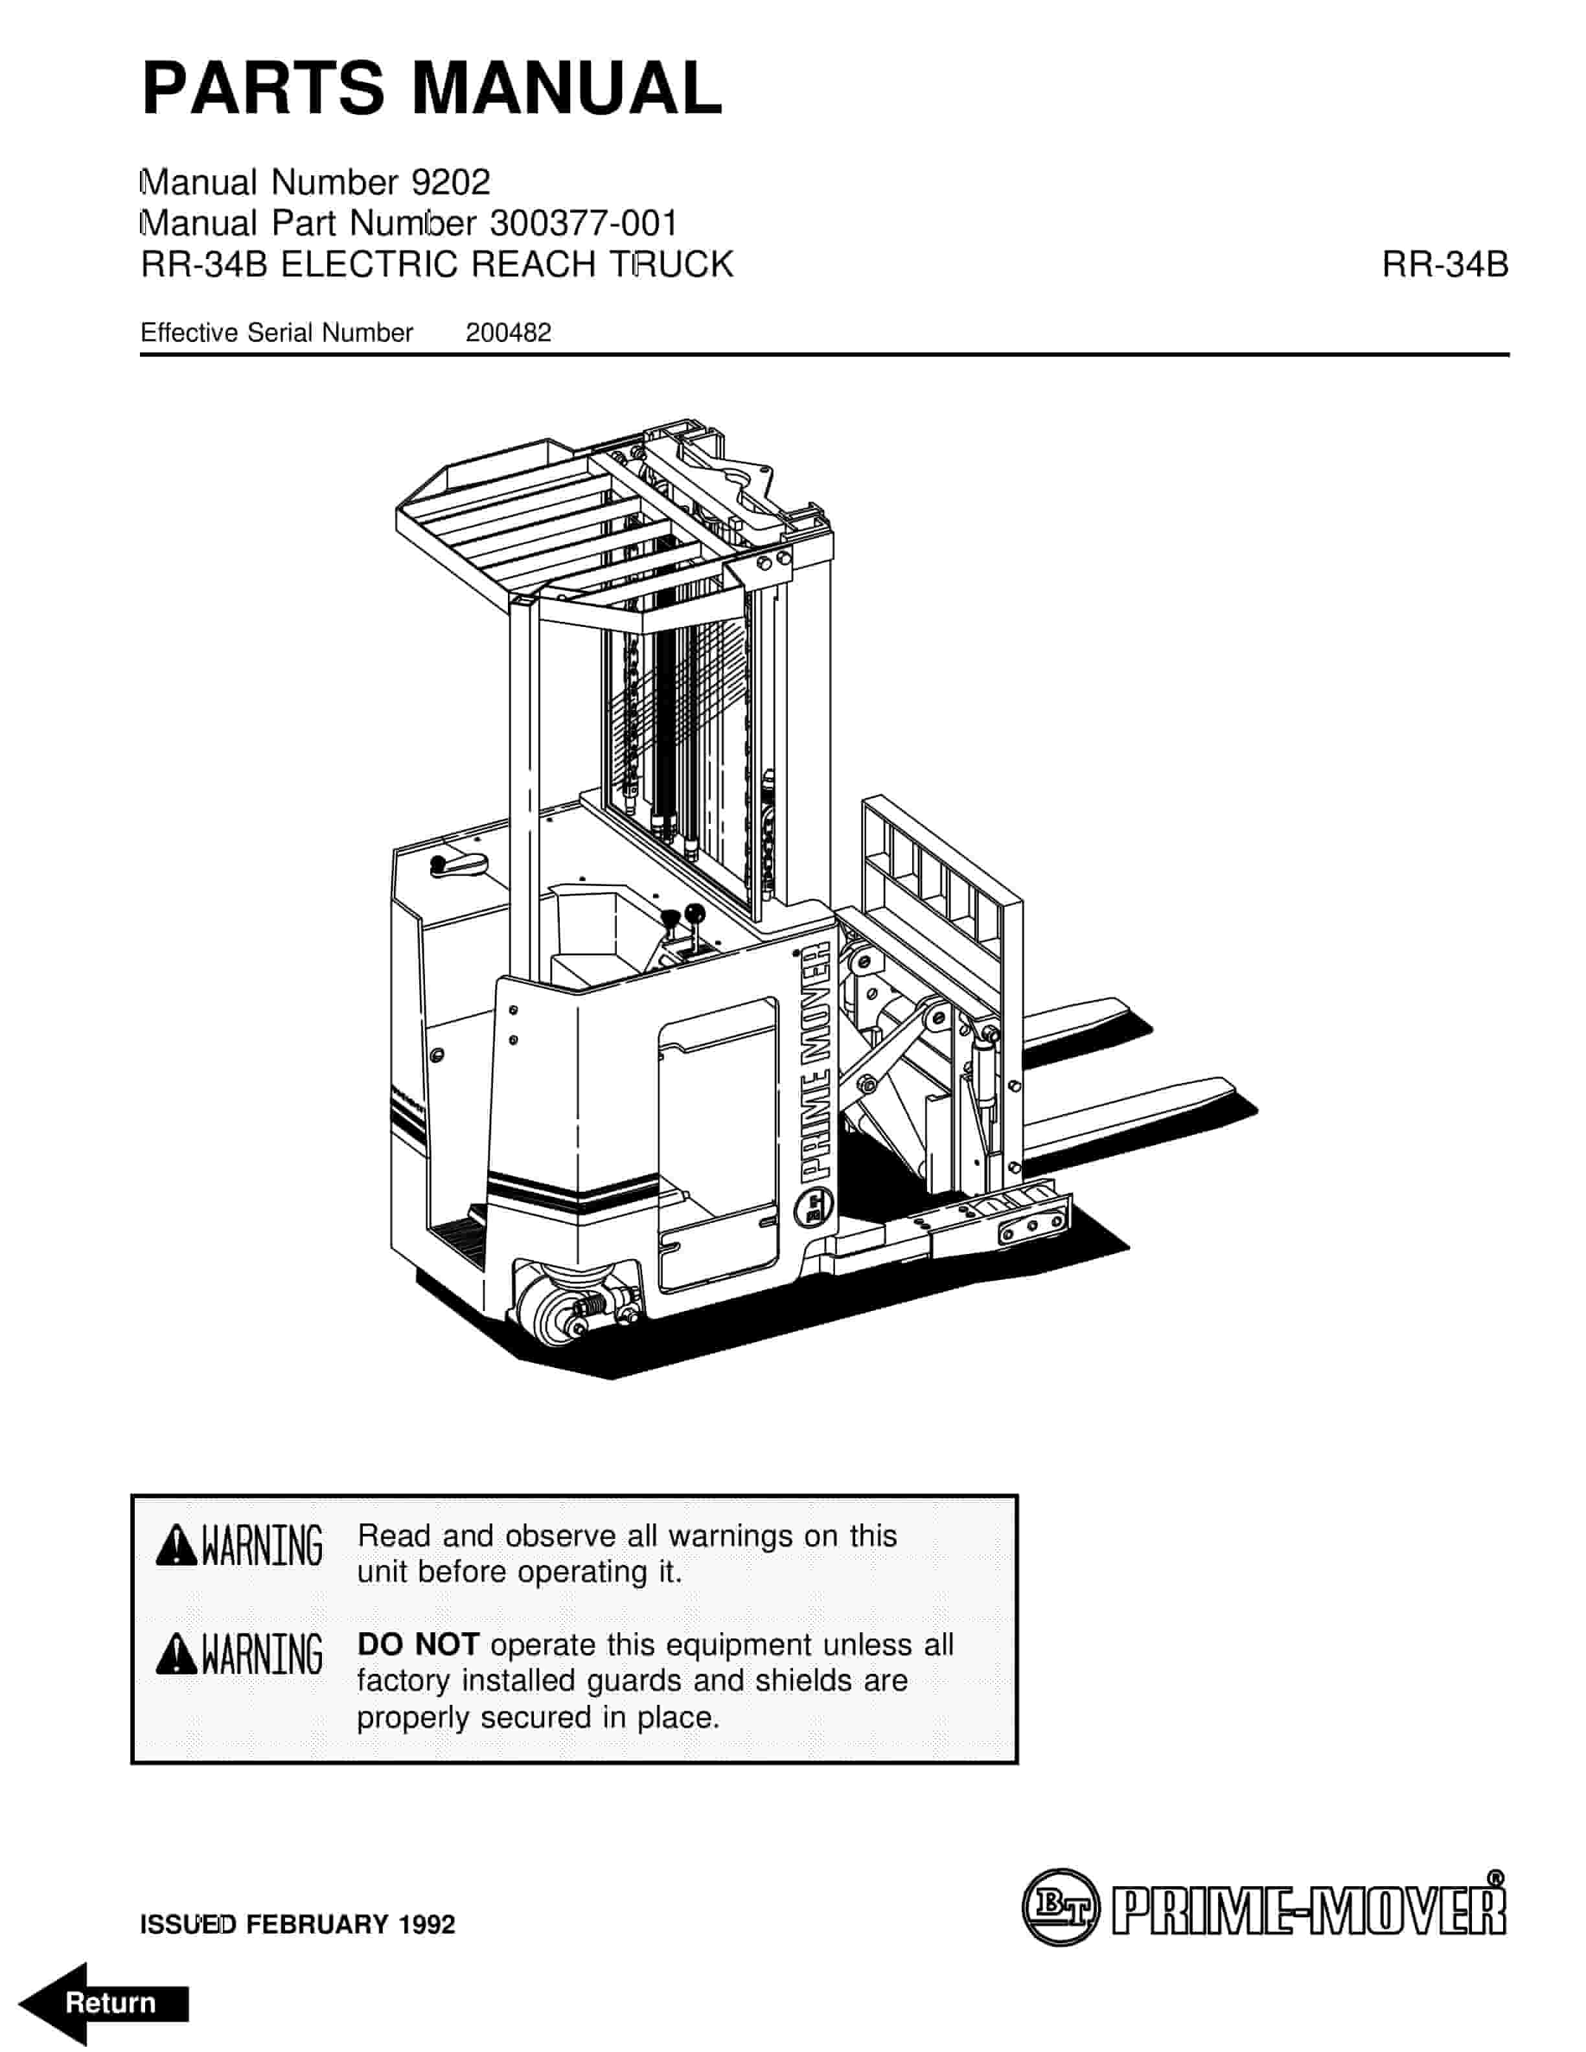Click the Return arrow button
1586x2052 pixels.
click(104, 2002)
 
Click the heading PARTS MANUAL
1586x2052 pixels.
click(432, 87)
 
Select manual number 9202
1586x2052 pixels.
click(451, 181)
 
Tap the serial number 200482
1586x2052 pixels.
click(509, 332)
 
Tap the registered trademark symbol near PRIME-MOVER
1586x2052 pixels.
click(1497, 1878)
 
